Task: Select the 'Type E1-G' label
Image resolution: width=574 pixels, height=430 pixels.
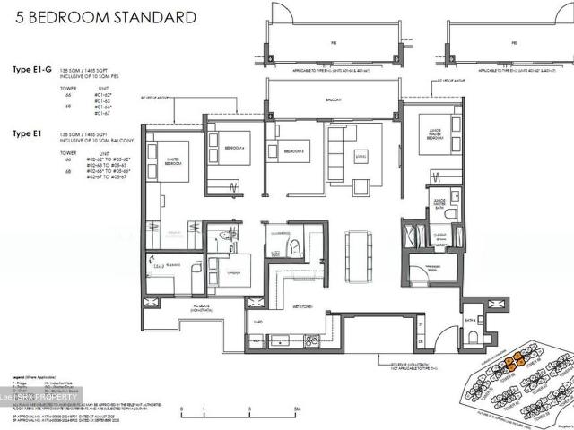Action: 33,70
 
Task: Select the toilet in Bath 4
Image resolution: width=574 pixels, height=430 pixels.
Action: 472,335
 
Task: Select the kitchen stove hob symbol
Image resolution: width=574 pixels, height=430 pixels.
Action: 311,340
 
